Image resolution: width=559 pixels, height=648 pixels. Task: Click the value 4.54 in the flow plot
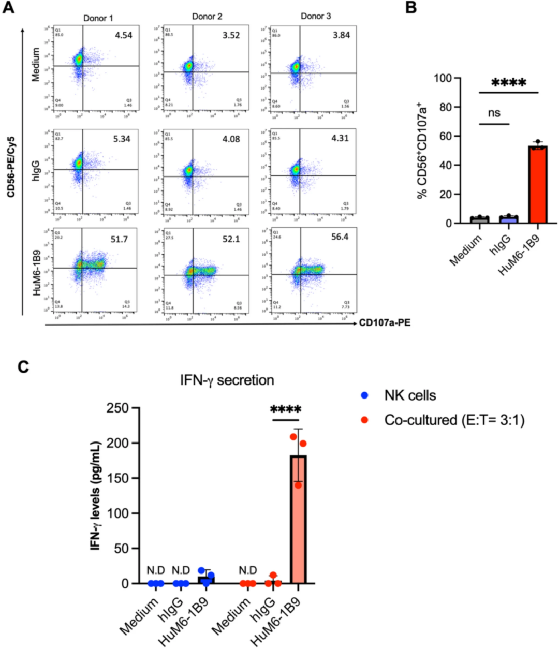[x=123, y=35]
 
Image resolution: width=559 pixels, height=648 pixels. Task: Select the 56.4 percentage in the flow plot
[x=340, y=237]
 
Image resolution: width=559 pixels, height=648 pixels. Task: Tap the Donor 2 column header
[x=207, y=17]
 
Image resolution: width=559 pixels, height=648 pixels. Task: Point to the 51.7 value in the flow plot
[x=119, y=239]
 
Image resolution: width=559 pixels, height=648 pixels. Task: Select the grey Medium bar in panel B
[x=479, y=219]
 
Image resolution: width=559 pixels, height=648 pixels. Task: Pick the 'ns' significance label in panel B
[x=494, y=113]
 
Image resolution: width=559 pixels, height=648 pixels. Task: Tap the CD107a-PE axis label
[x=385, y=323]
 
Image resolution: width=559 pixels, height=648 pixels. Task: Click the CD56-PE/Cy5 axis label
[x=11, y=167]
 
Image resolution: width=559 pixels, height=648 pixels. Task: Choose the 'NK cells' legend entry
[x=409, y=395]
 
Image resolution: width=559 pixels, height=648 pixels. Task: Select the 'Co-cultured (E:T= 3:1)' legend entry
[x=454, y=420]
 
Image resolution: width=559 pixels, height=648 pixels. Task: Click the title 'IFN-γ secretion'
[x=227, y=380]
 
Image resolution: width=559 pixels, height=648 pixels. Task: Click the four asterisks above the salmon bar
[x=286, y=410]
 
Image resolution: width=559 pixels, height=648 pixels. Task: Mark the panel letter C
[x=23, y=366]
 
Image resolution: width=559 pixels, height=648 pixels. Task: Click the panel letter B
[x=411, y=8]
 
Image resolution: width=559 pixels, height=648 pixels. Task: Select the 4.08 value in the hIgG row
[x=231, y=139]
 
